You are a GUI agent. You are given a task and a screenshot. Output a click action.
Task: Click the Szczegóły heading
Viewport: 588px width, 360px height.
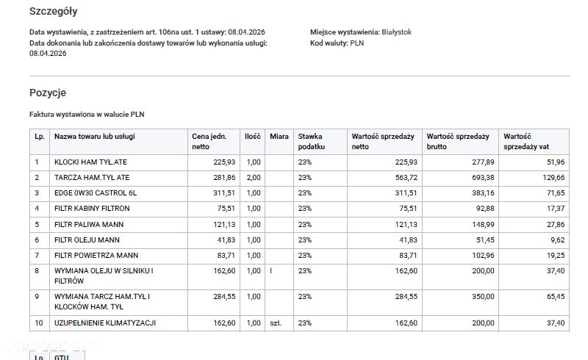pyautogui.click(x=53, y=12)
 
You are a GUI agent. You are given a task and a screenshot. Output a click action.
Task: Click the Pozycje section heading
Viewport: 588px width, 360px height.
pyautogui.click(x=48, y=93)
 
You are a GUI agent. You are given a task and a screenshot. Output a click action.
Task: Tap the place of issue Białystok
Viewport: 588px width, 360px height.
pyautogui.click(x=396, y=32)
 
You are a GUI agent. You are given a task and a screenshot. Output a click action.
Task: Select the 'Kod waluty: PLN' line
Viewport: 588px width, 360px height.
pyautogui.click(x=337, y=43)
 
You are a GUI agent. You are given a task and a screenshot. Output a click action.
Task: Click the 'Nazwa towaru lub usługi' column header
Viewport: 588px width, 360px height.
pyautogui.click(x=95, y=137)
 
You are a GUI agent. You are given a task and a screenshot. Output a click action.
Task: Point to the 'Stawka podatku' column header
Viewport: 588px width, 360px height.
pyautogui.click(x=311, y=142)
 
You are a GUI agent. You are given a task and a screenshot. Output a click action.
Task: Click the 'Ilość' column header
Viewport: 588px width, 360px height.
pyautogui.click(x=252, y=137)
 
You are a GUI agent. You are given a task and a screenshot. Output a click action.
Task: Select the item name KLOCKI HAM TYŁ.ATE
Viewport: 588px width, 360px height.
pyautogui.click(x=90, y=162)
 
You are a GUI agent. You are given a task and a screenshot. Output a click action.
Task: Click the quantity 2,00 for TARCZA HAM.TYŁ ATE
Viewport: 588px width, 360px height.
pyautogui.click(x=254, y=178)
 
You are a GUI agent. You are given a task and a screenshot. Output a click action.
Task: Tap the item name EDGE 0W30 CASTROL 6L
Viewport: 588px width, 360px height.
pyautogui.click(x=96, y=193)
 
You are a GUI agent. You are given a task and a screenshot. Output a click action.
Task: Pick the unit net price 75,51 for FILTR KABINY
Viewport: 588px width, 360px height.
pyautogui.click(x=226, y=209)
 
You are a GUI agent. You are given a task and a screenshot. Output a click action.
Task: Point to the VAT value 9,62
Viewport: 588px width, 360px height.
pyautogui.click(x=558, y=240)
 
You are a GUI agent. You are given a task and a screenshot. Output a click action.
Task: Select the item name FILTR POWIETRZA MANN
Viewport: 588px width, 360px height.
pyautogui.click(x=96, y=256)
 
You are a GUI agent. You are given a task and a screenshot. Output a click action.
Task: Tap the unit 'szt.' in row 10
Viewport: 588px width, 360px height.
pyautogui.click(x=276, y=323)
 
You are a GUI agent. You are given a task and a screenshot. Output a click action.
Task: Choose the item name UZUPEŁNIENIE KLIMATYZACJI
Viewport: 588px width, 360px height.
pyautogui.click(x=105, y=323)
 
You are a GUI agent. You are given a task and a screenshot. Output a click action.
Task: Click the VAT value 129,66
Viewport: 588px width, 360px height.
pyautogui.click(x=553, y=178)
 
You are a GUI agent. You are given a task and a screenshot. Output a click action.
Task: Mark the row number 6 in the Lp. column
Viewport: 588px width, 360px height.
pyautogui.click(x=37, y=240)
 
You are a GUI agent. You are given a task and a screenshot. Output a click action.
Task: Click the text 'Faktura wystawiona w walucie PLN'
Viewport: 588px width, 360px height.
pyautogui.click(x=87, y=115)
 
